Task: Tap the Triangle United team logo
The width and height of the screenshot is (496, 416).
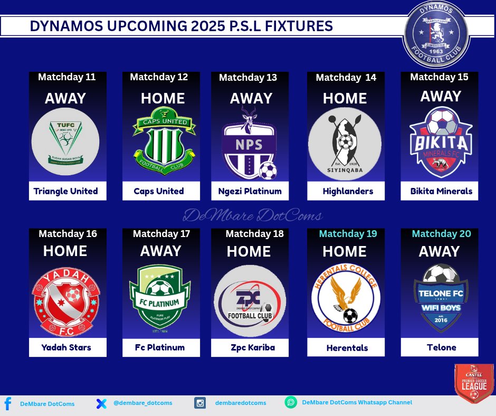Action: tap(65, 141)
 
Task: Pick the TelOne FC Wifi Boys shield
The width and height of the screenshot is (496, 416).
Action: tap(440, 299)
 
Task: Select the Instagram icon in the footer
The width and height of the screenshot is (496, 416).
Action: tap(201, 403)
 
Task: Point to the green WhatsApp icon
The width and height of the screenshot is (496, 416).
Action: tap(291, 403)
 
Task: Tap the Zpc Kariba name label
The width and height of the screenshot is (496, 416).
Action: tap(250, 347)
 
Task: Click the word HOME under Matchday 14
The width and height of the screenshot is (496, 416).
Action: tap(345, 99)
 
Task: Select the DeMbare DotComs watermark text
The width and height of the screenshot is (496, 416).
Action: tap(252, 215)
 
